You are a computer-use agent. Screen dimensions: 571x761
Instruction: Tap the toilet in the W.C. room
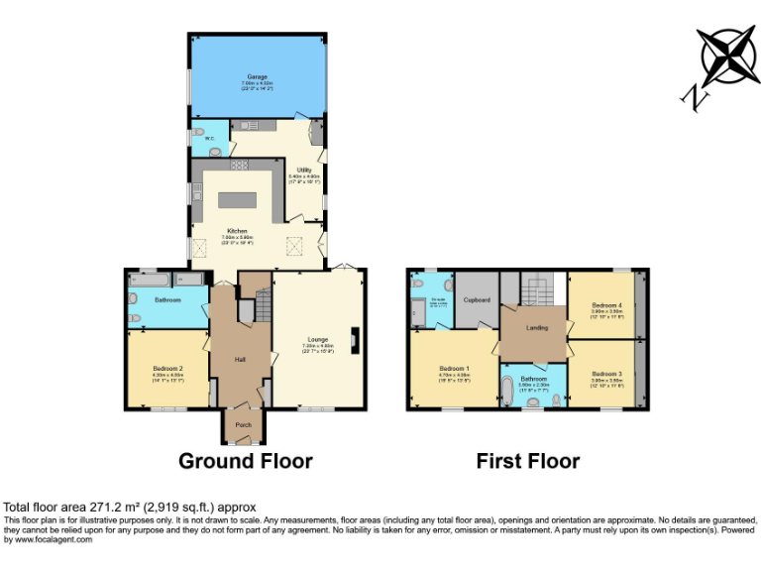point(201,131)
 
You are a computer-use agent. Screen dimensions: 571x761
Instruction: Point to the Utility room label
point(303,171)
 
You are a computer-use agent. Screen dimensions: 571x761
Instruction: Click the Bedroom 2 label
point(166,369)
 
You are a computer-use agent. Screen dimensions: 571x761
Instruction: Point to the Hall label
point(239,359)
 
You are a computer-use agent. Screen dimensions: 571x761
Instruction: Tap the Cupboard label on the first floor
point(478,298)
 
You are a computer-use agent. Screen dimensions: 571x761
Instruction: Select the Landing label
point(536,327)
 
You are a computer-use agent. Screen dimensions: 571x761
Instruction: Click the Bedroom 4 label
point(606,304)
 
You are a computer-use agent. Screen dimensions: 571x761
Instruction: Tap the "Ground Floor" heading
point(245,461)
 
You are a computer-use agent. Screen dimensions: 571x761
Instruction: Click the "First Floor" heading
point(527,461)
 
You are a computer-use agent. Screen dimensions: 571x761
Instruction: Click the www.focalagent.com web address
point(47,540)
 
